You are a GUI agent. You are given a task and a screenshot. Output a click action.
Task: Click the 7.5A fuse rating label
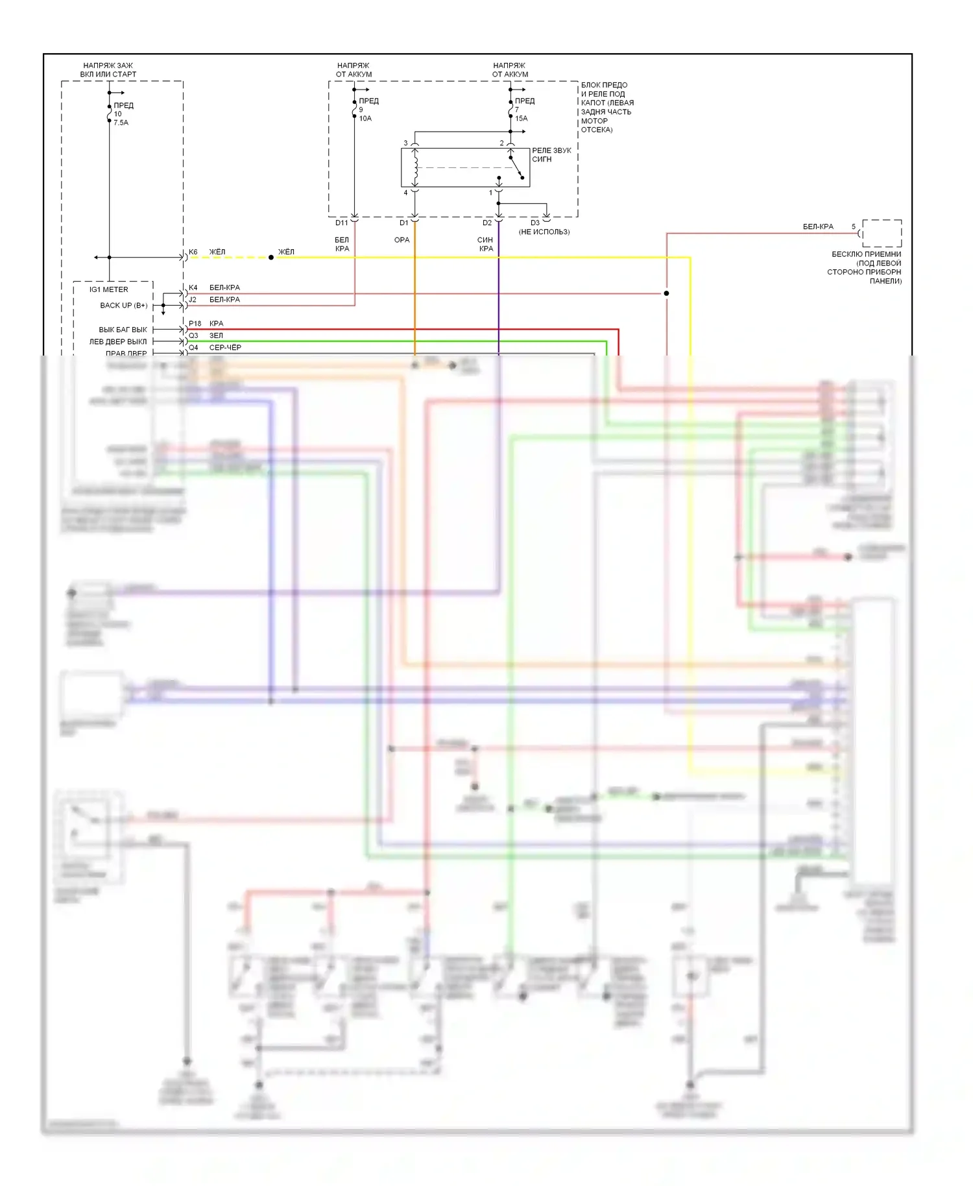121,123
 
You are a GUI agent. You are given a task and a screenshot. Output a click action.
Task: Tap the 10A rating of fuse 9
365,119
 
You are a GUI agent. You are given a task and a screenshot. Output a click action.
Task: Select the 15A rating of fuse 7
522,119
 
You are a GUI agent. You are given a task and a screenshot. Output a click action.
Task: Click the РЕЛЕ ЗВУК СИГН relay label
551,154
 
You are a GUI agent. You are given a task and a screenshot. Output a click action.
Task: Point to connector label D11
342,223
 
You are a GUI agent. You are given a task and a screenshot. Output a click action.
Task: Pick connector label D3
535,223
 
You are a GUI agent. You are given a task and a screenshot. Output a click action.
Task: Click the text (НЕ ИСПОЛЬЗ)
544,232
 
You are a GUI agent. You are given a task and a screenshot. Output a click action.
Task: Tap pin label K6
193,252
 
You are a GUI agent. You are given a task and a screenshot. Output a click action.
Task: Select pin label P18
195,324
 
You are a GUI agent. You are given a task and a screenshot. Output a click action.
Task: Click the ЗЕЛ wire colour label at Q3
216,336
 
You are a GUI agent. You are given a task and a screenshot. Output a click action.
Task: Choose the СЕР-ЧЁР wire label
225,348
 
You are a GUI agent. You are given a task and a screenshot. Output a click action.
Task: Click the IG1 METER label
109,290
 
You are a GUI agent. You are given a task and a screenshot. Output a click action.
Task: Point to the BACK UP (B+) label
124,306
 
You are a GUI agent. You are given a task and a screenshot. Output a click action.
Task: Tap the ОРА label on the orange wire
402,240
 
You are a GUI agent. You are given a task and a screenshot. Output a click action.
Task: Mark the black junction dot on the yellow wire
271,258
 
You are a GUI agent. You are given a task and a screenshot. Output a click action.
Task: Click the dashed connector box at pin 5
882,233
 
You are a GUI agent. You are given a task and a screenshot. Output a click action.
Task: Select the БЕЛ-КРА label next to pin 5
818,227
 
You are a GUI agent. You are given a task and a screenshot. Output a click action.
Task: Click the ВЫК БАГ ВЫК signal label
123,330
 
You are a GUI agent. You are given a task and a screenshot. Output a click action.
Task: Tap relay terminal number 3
406,143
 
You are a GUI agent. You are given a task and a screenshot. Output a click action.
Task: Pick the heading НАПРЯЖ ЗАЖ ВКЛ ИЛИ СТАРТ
108,70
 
